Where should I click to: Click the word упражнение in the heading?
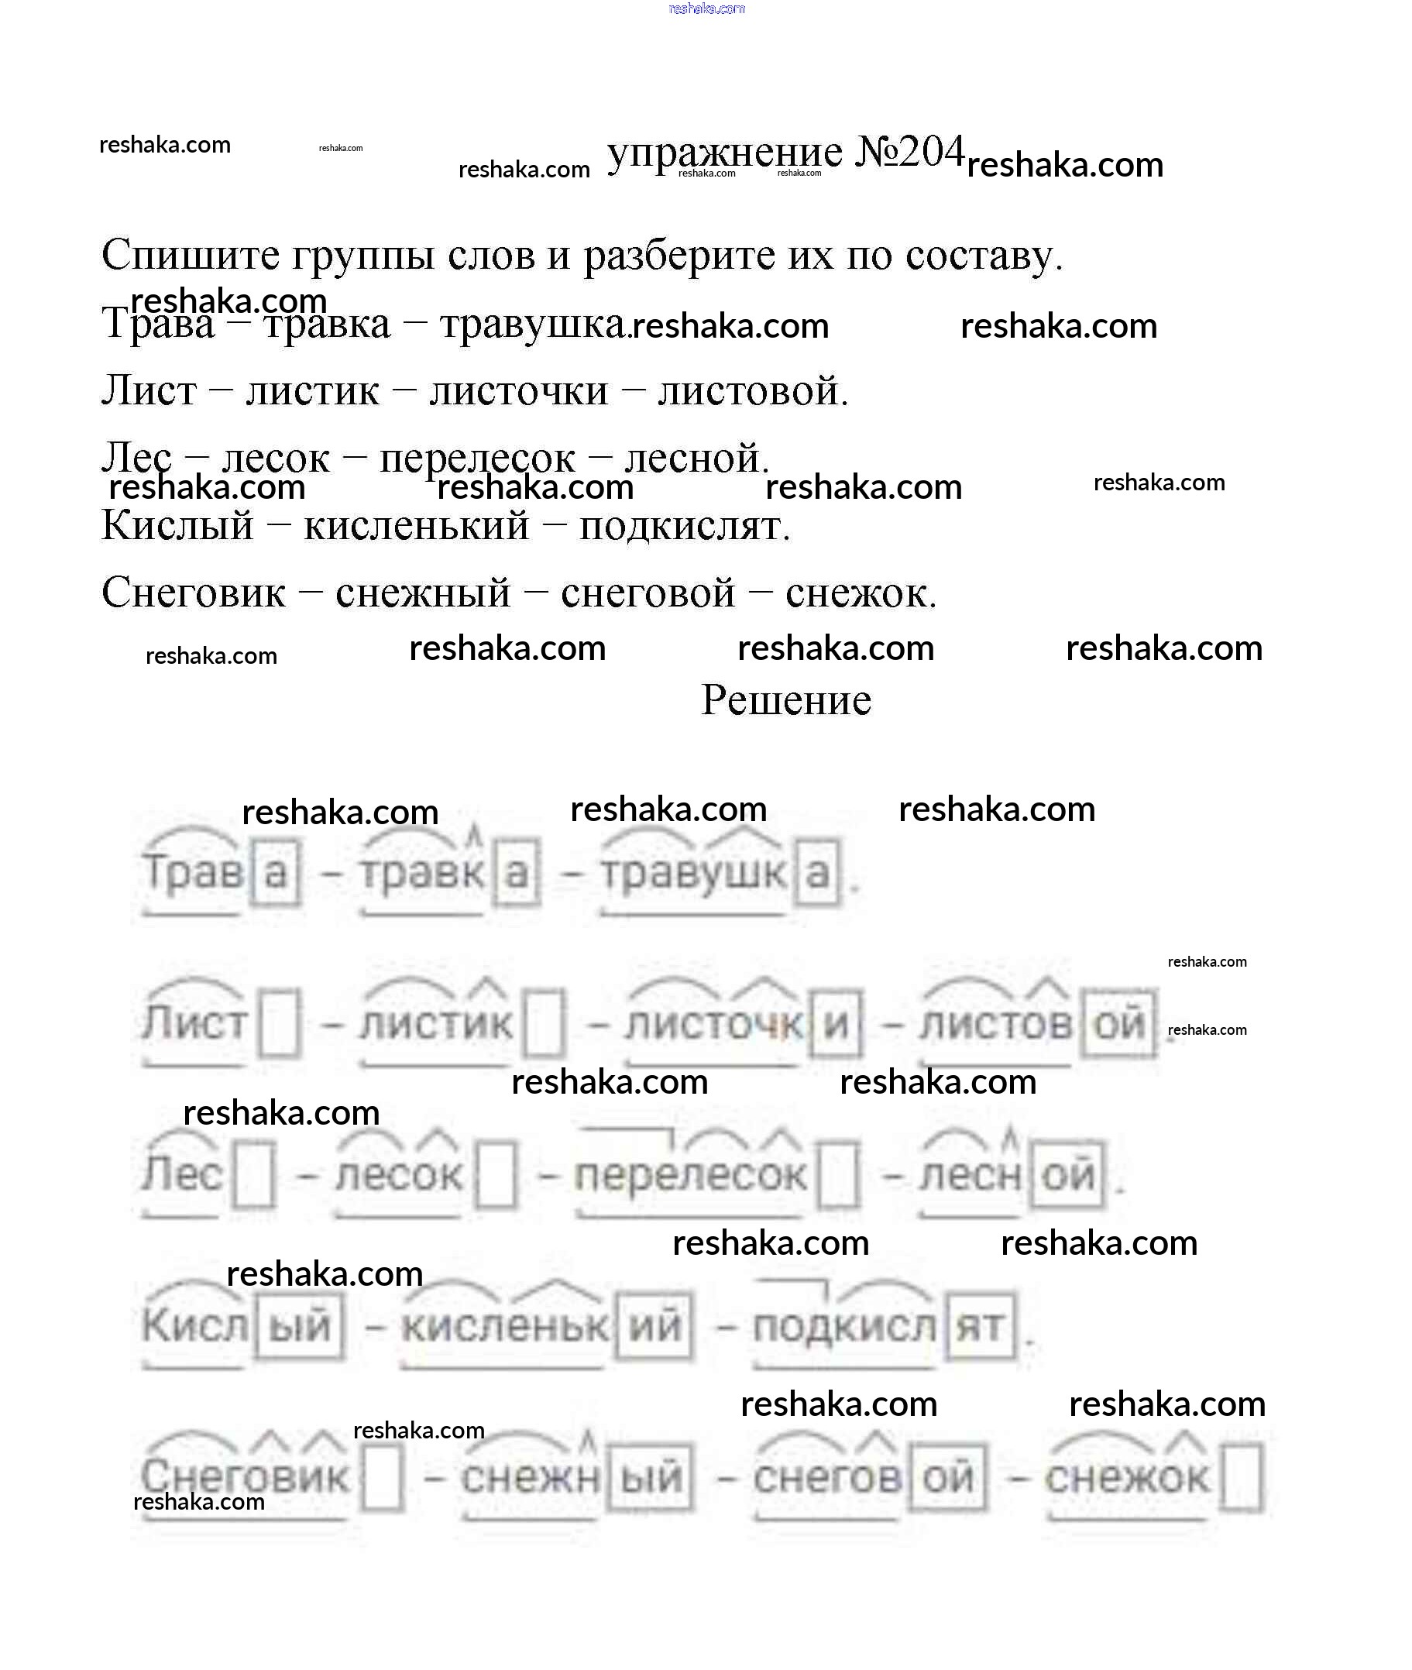pos(724,154)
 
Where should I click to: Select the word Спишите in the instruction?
pos(191,256)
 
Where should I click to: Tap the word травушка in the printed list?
pos(534,325)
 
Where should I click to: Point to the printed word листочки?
pos(519,391)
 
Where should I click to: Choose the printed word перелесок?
pos(477,459)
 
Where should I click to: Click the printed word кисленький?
pos(416,527)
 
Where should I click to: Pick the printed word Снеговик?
pos(194,593)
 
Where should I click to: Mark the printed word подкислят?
pos(685,527)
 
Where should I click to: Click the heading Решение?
pos(786,699)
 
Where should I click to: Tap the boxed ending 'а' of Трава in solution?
pos(277,873)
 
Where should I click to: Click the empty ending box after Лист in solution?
pos(280,1024)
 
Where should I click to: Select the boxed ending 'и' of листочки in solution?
pos(837,1024)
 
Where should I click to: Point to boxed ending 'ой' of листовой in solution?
pos(1119,1024)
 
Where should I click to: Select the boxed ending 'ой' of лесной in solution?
pos(1068,1174)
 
